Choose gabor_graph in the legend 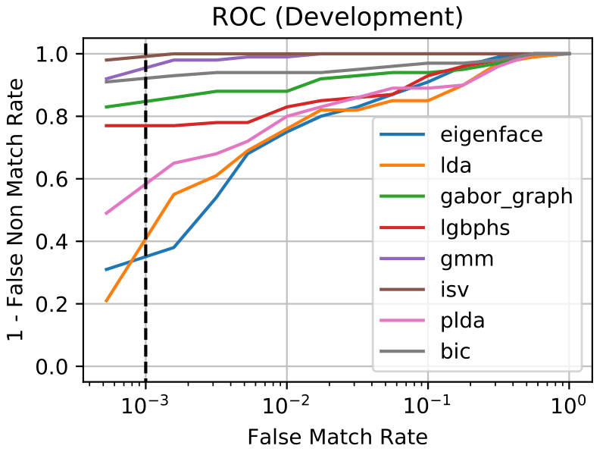click(505, 197)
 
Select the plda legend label click(462, 321)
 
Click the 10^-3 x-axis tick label click(144, 405)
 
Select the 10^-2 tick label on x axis click(286, 405)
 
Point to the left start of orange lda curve click(106, 302)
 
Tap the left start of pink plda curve click(106, 214)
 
